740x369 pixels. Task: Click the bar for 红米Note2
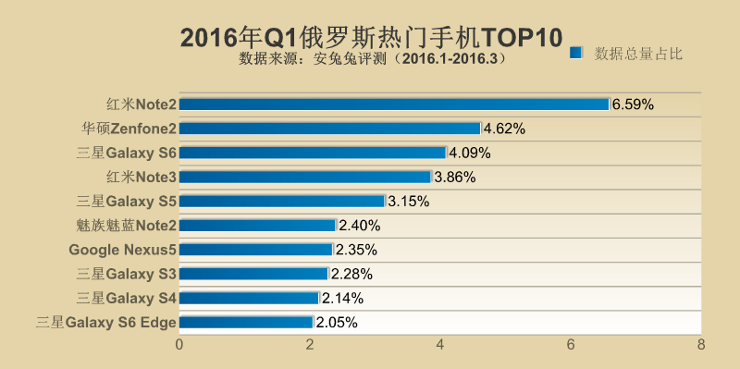point(394,105)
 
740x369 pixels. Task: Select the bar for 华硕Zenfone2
point(329,129)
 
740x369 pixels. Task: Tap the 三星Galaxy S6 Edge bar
point(246,322)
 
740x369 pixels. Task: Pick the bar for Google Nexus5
point(256,249)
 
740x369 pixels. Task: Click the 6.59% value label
point(633,105)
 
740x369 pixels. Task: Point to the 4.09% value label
point(469,153)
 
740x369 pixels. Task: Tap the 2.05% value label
point(337,322)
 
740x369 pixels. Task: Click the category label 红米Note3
point(141,177)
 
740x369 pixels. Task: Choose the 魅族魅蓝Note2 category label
point(127,225)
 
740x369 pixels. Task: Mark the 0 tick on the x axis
point(179,345)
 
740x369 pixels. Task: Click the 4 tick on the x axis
point(440,345)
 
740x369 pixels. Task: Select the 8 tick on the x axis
point(701,345)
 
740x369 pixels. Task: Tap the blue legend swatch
point(575,53)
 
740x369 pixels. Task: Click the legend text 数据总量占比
point(638,53)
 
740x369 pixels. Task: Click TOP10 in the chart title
point(521,37)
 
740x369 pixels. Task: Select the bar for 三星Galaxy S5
point(281,201)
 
